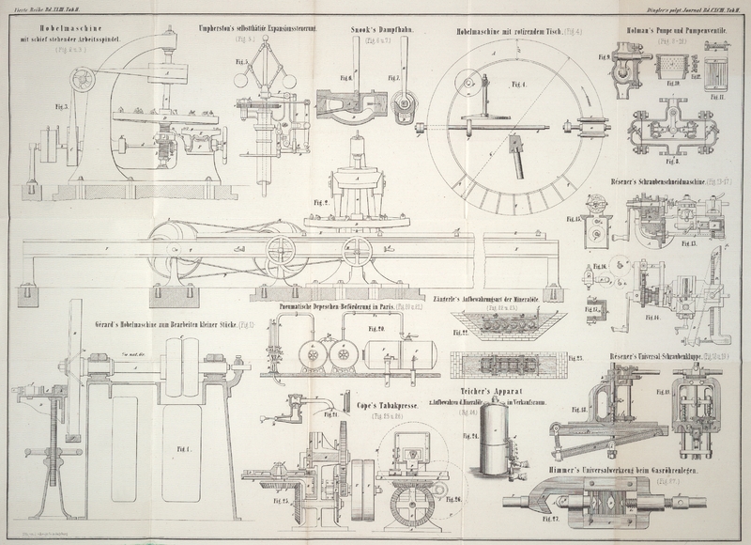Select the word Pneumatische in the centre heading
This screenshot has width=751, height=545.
[300, 304]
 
